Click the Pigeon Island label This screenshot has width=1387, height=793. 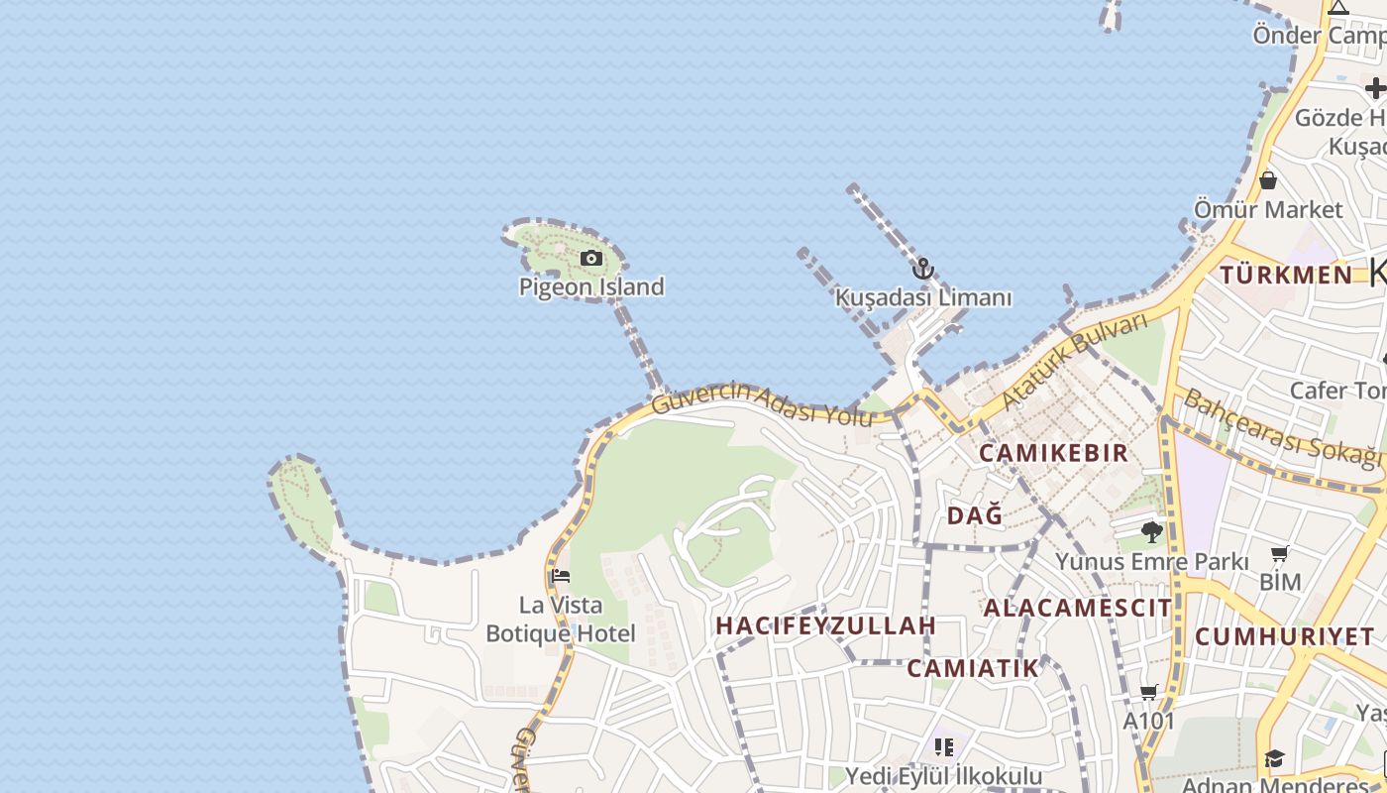pyautogui.click(x=591, y=287)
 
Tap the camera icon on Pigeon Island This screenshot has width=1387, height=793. pyautogui.click(x=591, y=259)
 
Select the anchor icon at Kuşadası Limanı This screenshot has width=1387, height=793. pyautogui.click(x=923, y=269)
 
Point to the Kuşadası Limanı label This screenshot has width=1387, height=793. pyautogui.click(x=923, y=297)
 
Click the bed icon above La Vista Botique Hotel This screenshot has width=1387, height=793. pyautogui.click(x=561, y=576)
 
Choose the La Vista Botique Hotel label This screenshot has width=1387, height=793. pyautogui.click(x=561, y=619)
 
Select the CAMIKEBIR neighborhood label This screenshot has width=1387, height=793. pyautogui.click(x=1053, y=453)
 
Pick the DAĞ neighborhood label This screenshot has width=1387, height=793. pyautogui.click(x=975, y=515)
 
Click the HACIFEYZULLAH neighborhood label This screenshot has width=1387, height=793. pyautogui.click(x=825, y=625)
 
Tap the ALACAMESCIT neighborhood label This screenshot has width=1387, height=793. pyautogui.click(x=1077, y=608)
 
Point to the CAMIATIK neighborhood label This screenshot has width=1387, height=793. pyautogui.click(x=973, y=668)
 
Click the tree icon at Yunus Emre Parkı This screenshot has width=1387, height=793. pyautogui.click(x=1151, y=532)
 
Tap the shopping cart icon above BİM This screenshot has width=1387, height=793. pyautogui.click(x=1280, y=554)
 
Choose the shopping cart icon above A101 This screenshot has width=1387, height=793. pyautogui.click(x=1149, y=693)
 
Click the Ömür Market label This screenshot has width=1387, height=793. pyautogui.click(x=1268, y=210)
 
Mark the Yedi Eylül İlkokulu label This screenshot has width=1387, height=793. pyautogui.click(x=943, y=775)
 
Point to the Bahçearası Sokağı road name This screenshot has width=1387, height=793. pyautogui.click(x=1282, y=428)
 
